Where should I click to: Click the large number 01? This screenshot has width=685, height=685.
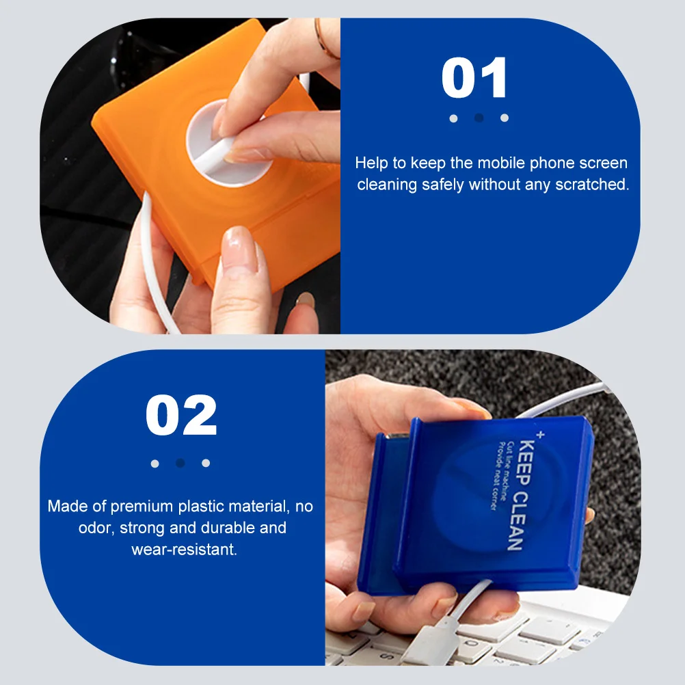[x=475, y=79]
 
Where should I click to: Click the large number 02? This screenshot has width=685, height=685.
[x=181, y=416]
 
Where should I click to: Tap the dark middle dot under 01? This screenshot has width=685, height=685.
[x=479, y=118]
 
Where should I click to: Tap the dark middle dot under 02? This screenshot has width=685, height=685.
[x=180, y=463]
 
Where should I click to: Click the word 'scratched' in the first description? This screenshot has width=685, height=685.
[x=595, y=185]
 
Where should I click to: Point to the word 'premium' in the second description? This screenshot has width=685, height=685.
[x=142, y=507]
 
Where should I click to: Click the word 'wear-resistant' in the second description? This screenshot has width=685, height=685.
[x=184, y=549]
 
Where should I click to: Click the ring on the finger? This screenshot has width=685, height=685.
[x=325, y=38]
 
